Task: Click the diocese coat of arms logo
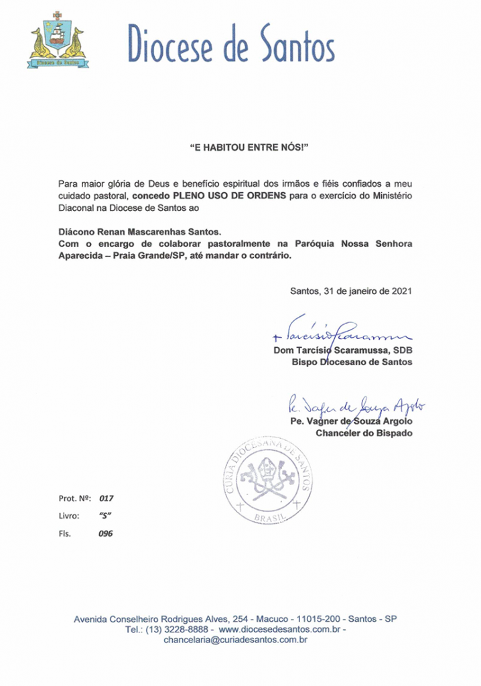[x=57, y=42]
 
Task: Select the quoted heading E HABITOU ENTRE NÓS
[x=240, y=146]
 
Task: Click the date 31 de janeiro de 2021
[x=367, y=291]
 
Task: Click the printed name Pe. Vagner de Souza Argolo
[x=351, y=421]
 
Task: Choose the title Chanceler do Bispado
[x=364, y=433]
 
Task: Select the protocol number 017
[x=107, y=498]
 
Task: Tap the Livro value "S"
[x=104, y=516]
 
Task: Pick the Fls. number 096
[x=106, y=534]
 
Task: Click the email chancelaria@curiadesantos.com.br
[x=235, y=641]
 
